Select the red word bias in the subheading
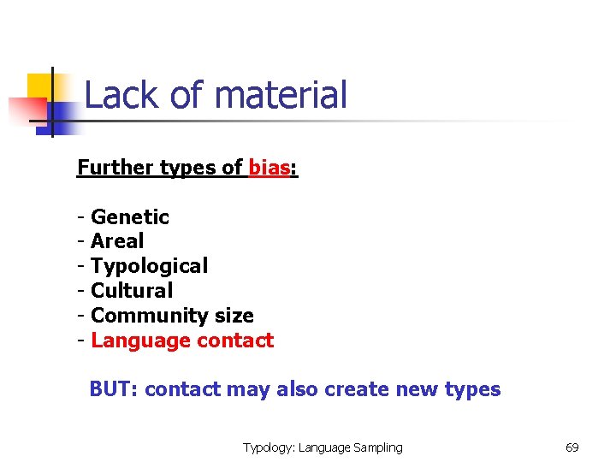269,167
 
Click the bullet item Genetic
130,217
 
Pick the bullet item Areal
117,241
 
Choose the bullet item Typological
149,266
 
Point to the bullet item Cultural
132,291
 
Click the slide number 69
572,447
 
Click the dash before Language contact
81,341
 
